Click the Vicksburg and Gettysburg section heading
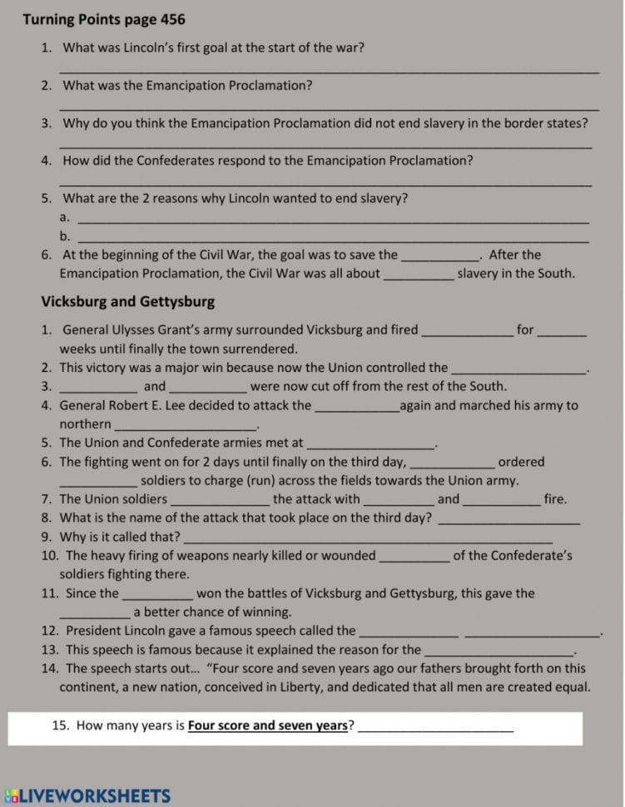pyautogui.click(x=127, y=301)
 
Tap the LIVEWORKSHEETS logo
pyautogui.click(x=87, y=796)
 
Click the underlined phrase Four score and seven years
pyautogui.click(x=267, y=725)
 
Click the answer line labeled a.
pyautogui.click(x=332, y=220)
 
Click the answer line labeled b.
pyautogui.click(x=332, y=240)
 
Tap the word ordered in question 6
pyautogui.click(x=521, y=462)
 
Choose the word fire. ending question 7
pyautogui.click(x=556, y=499)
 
